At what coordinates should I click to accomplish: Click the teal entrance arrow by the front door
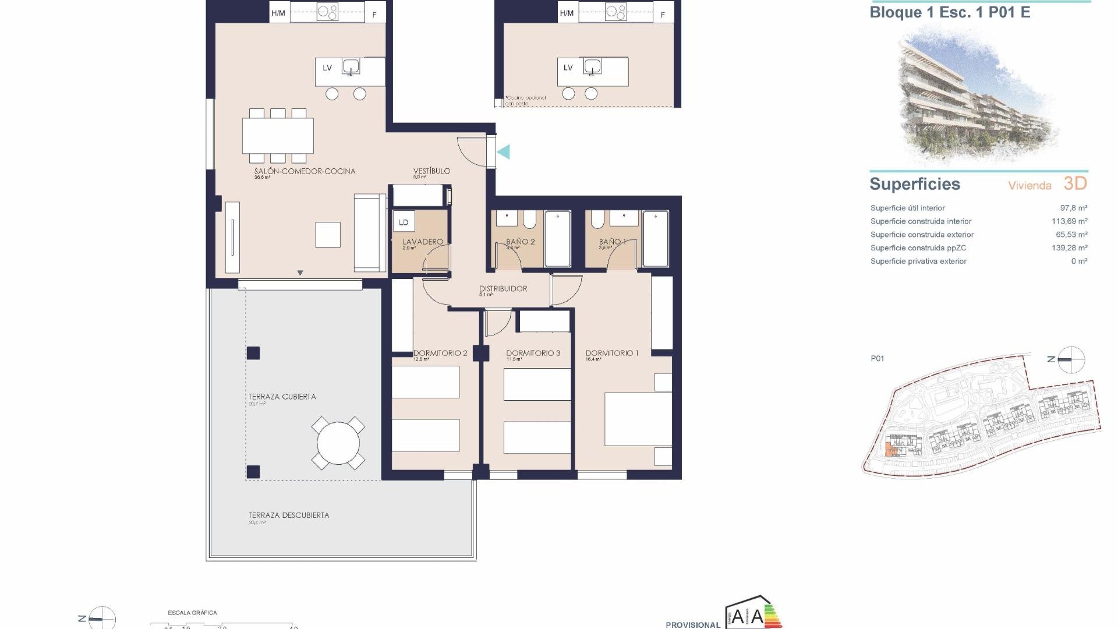click(x=504, y=152)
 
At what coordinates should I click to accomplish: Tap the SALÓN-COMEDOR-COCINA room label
click(x=305, y=171)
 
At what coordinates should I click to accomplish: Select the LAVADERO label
click(x=423, y=242)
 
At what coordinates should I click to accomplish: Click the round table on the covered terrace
click(x=338, y=443)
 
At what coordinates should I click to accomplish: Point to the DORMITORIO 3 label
click(x=533, y=354)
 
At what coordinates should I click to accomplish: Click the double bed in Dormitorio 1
click(x=638, y=419)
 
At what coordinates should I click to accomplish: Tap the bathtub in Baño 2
click(x=558, y=239)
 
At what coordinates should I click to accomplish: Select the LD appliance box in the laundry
click(x=404, y=222)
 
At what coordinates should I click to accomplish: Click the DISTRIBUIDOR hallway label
click(x=503, y=289)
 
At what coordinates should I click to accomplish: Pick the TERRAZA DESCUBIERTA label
click(x=289, y=515)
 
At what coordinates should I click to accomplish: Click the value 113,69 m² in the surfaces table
click(x=1069, y=221)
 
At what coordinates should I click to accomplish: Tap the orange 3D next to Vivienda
click(x=1075, y=183)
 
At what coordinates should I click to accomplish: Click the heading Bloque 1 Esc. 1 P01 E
click(x=950, y=13)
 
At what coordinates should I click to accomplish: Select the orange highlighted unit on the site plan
click(x=889, y=449)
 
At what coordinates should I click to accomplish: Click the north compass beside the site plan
click(x=1071, y=359)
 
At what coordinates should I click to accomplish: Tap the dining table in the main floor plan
click(x=278, y=136)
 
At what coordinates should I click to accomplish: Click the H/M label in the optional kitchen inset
click(x=566, y=13)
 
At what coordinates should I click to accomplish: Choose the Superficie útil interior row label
click(x=907, y=208)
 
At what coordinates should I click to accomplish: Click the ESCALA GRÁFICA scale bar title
click(x=192, y=613)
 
